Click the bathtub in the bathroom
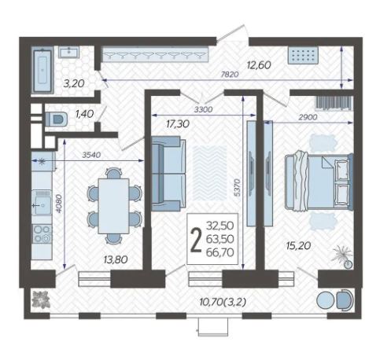[42, 71]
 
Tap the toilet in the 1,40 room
[56, 119]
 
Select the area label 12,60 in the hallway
[259, 65]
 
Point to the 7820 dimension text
[230, 75]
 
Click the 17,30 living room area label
[178, 123]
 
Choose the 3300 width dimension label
[203, 109]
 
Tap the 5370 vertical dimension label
[238, 188]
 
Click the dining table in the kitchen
[113, 206]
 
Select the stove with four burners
[42, 233]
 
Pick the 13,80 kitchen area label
[116, 259]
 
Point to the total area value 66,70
[220, 252]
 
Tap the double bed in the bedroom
[319, 181]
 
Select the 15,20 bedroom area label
[299, 246]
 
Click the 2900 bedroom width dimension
[308, 117]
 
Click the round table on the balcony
[325, 300]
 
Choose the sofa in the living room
[168, 174]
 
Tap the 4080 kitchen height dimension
[59, 204]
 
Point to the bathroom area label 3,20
[74, 83]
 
